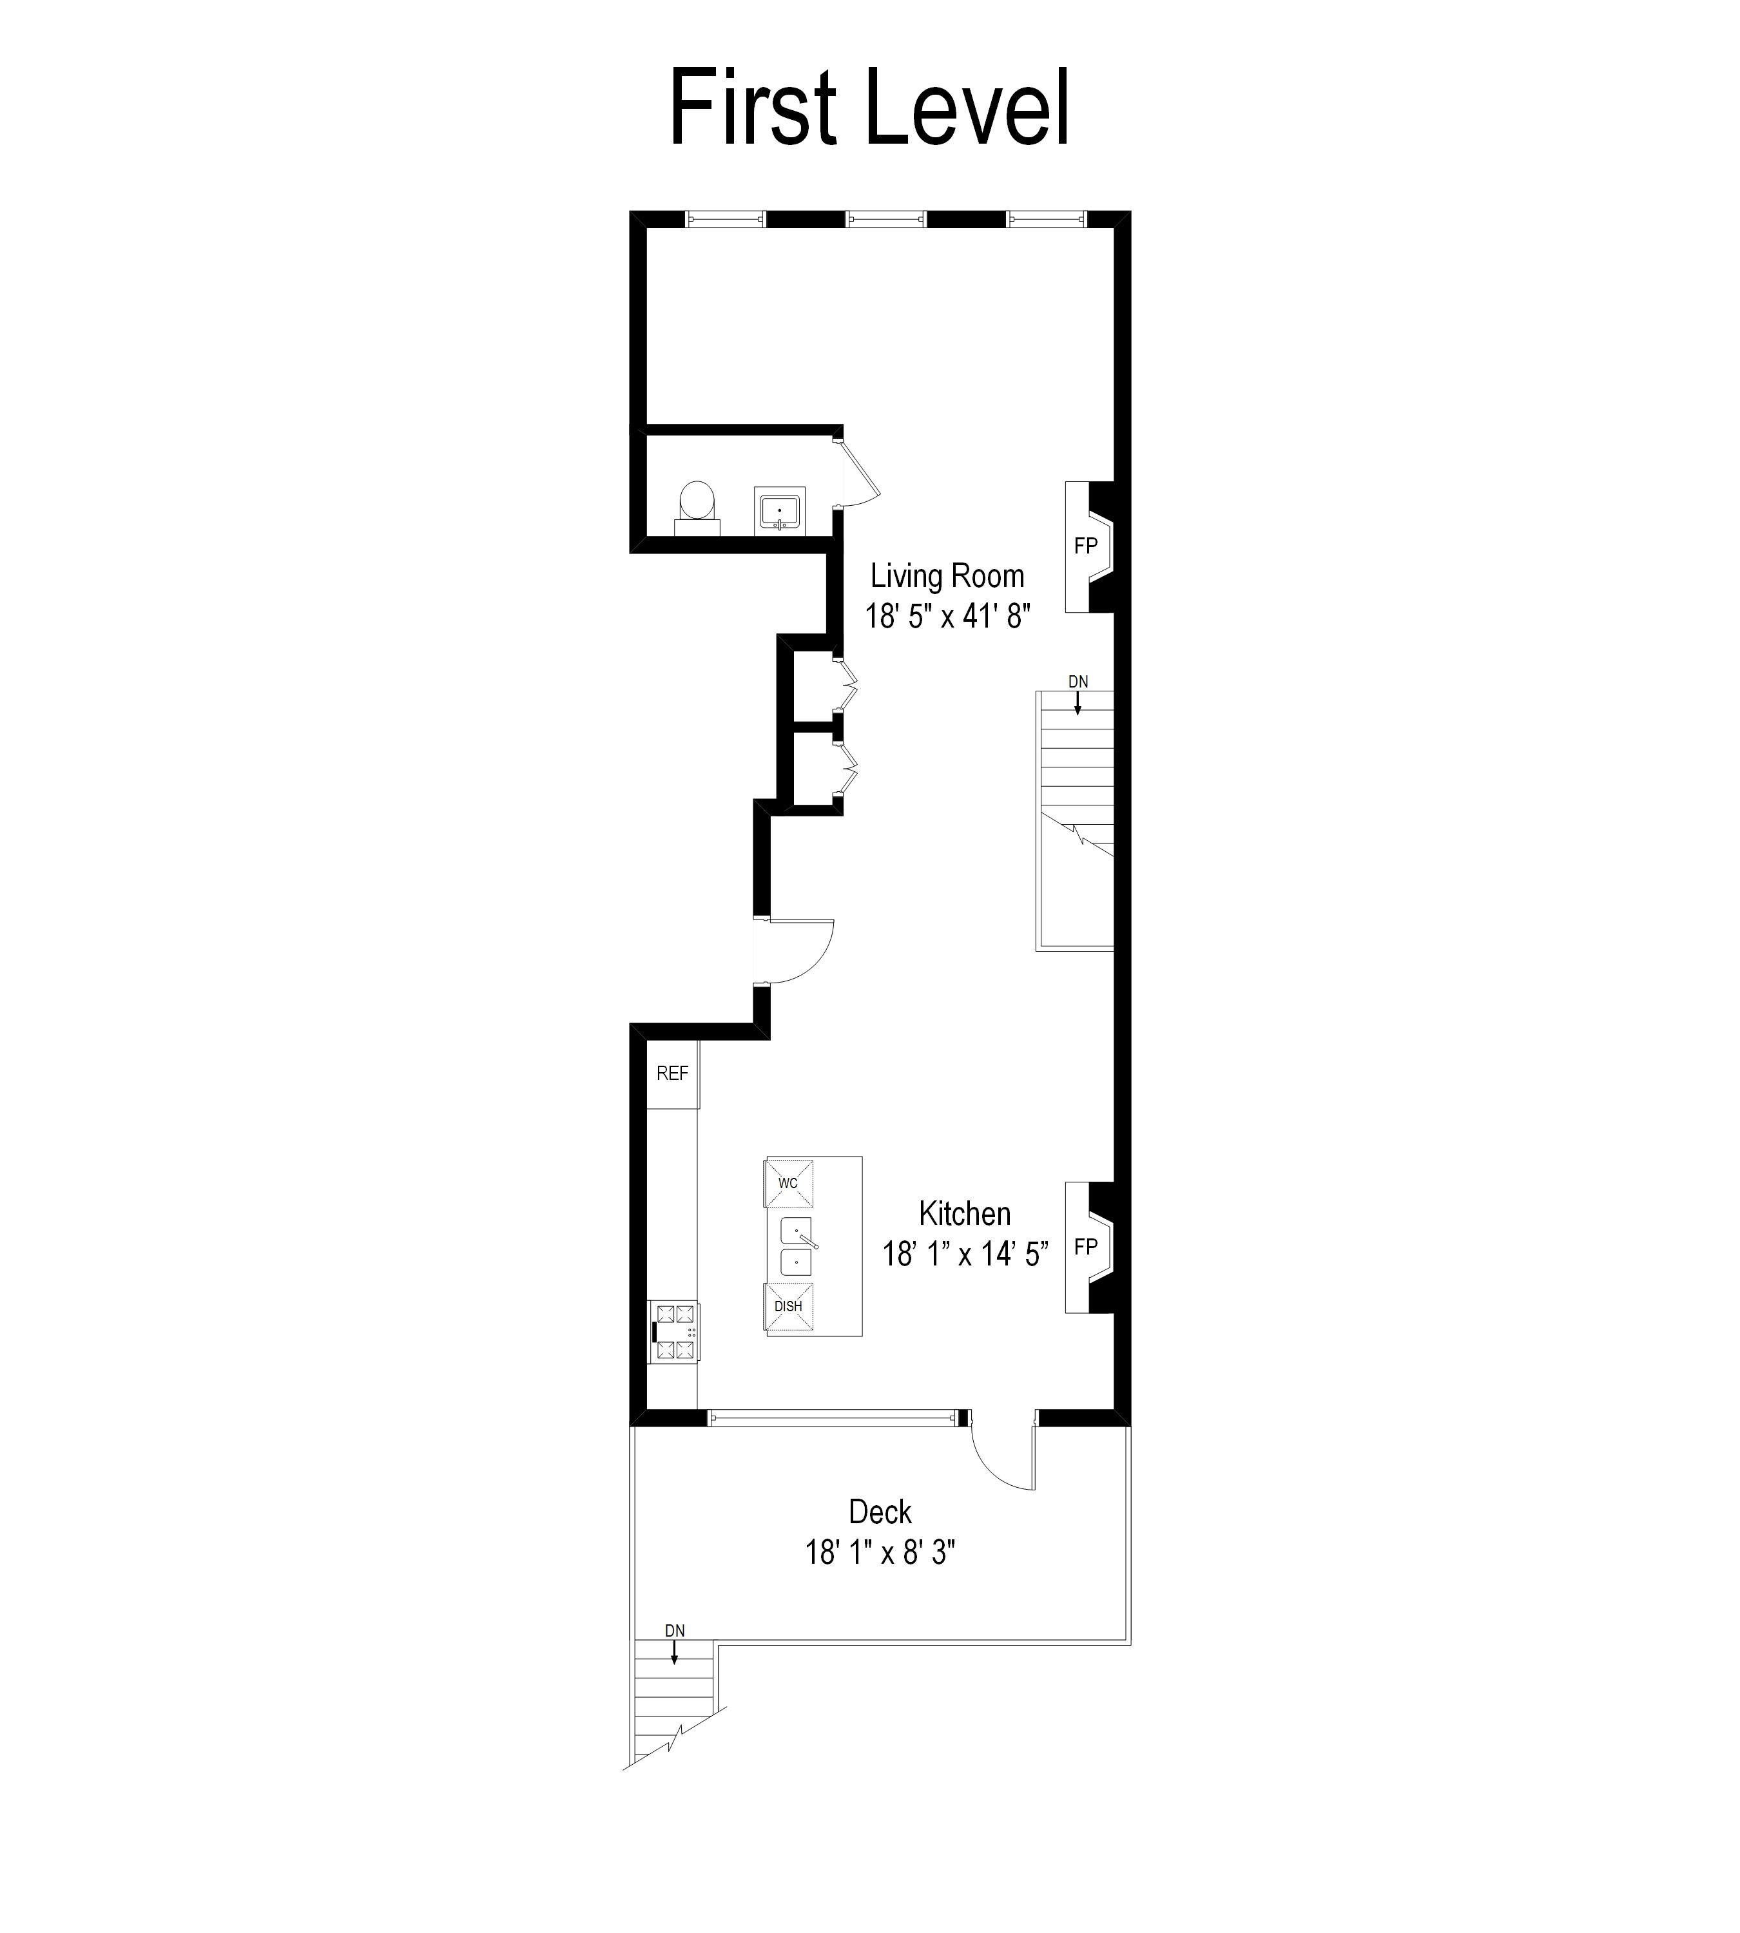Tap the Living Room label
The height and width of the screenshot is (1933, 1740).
(947, 577)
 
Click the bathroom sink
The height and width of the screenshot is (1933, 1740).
(779, 510)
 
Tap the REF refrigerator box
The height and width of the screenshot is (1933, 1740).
(672, 1073)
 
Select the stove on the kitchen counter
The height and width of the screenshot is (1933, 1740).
(674, 1332)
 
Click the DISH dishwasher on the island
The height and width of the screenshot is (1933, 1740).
(789, 1307)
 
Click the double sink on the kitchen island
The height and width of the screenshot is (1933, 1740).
(797, 1247)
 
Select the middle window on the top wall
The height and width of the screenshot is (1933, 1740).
(886, 220)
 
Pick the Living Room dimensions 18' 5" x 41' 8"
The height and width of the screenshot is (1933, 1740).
(947, 617)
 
